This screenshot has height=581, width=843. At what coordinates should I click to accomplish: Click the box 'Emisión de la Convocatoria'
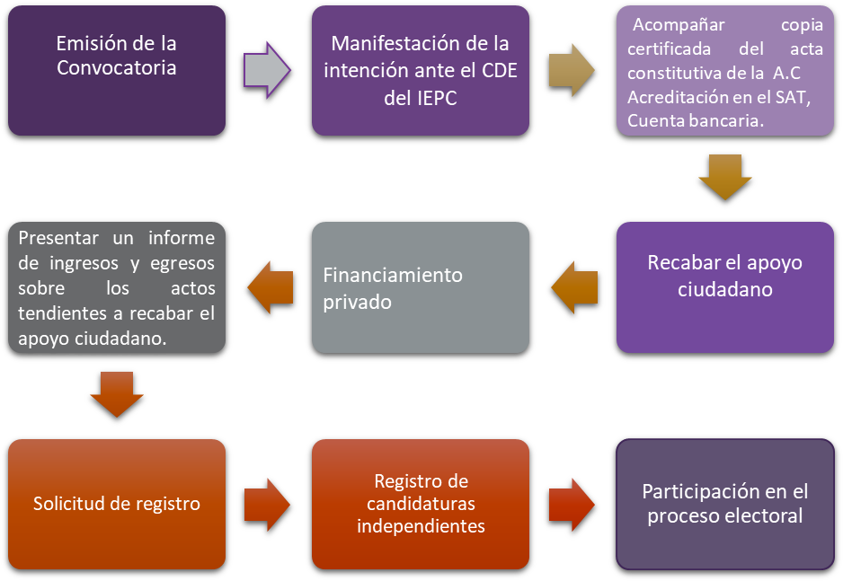[116, 70]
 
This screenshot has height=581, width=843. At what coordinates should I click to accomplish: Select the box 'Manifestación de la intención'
[420, 70]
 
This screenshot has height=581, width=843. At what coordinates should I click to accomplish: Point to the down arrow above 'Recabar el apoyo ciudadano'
[724, 177]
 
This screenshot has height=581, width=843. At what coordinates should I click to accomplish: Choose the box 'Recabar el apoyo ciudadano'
[724, 286]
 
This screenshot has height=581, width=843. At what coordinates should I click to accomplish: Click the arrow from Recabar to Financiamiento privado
[574, 287]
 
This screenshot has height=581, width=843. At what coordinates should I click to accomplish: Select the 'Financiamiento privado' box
[420, 287]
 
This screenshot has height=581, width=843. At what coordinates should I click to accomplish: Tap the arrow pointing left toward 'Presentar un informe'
[271, 287]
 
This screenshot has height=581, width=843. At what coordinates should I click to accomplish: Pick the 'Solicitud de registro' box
[116, 504]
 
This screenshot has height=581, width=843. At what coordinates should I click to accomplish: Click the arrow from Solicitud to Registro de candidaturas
[267, 504]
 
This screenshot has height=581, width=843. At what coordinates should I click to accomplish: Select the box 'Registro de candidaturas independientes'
[420, 504]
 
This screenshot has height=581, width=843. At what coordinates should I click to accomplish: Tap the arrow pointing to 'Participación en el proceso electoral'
[572, 504]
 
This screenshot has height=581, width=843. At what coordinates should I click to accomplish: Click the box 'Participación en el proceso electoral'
[724, 504]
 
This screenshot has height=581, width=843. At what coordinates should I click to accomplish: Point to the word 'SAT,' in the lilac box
[791, 99]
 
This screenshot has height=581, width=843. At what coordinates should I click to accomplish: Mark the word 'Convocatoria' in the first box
[116, 68]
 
